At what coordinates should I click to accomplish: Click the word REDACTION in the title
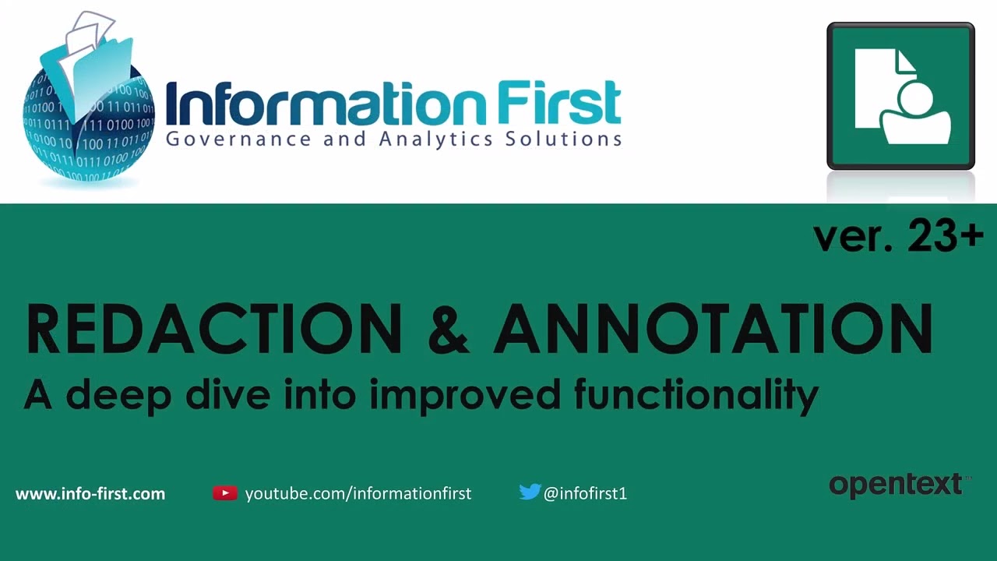tap(214, 329)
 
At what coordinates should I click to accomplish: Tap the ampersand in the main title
tap(448, 329)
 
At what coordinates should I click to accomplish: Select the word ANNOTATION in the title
tap(713, 329)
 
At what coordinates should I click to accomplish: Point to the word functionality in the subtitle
tap(696, 394)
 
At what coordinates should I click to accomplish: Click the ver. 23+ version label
tap(898, 236)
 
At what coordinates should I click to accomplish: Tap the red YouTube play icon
tap(225, 493)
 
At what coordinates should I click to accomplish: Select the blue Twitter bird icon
tap(530, 492)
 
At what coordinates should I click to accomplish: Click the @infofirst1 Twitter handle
tap(585, 494)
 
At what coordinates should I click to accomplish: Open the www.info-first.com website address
tap(90, 494)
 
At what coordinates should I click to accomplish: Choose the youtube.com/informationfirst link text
tap(358, 494)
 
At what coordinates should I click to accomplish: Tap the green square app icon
tap(901, 96)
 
